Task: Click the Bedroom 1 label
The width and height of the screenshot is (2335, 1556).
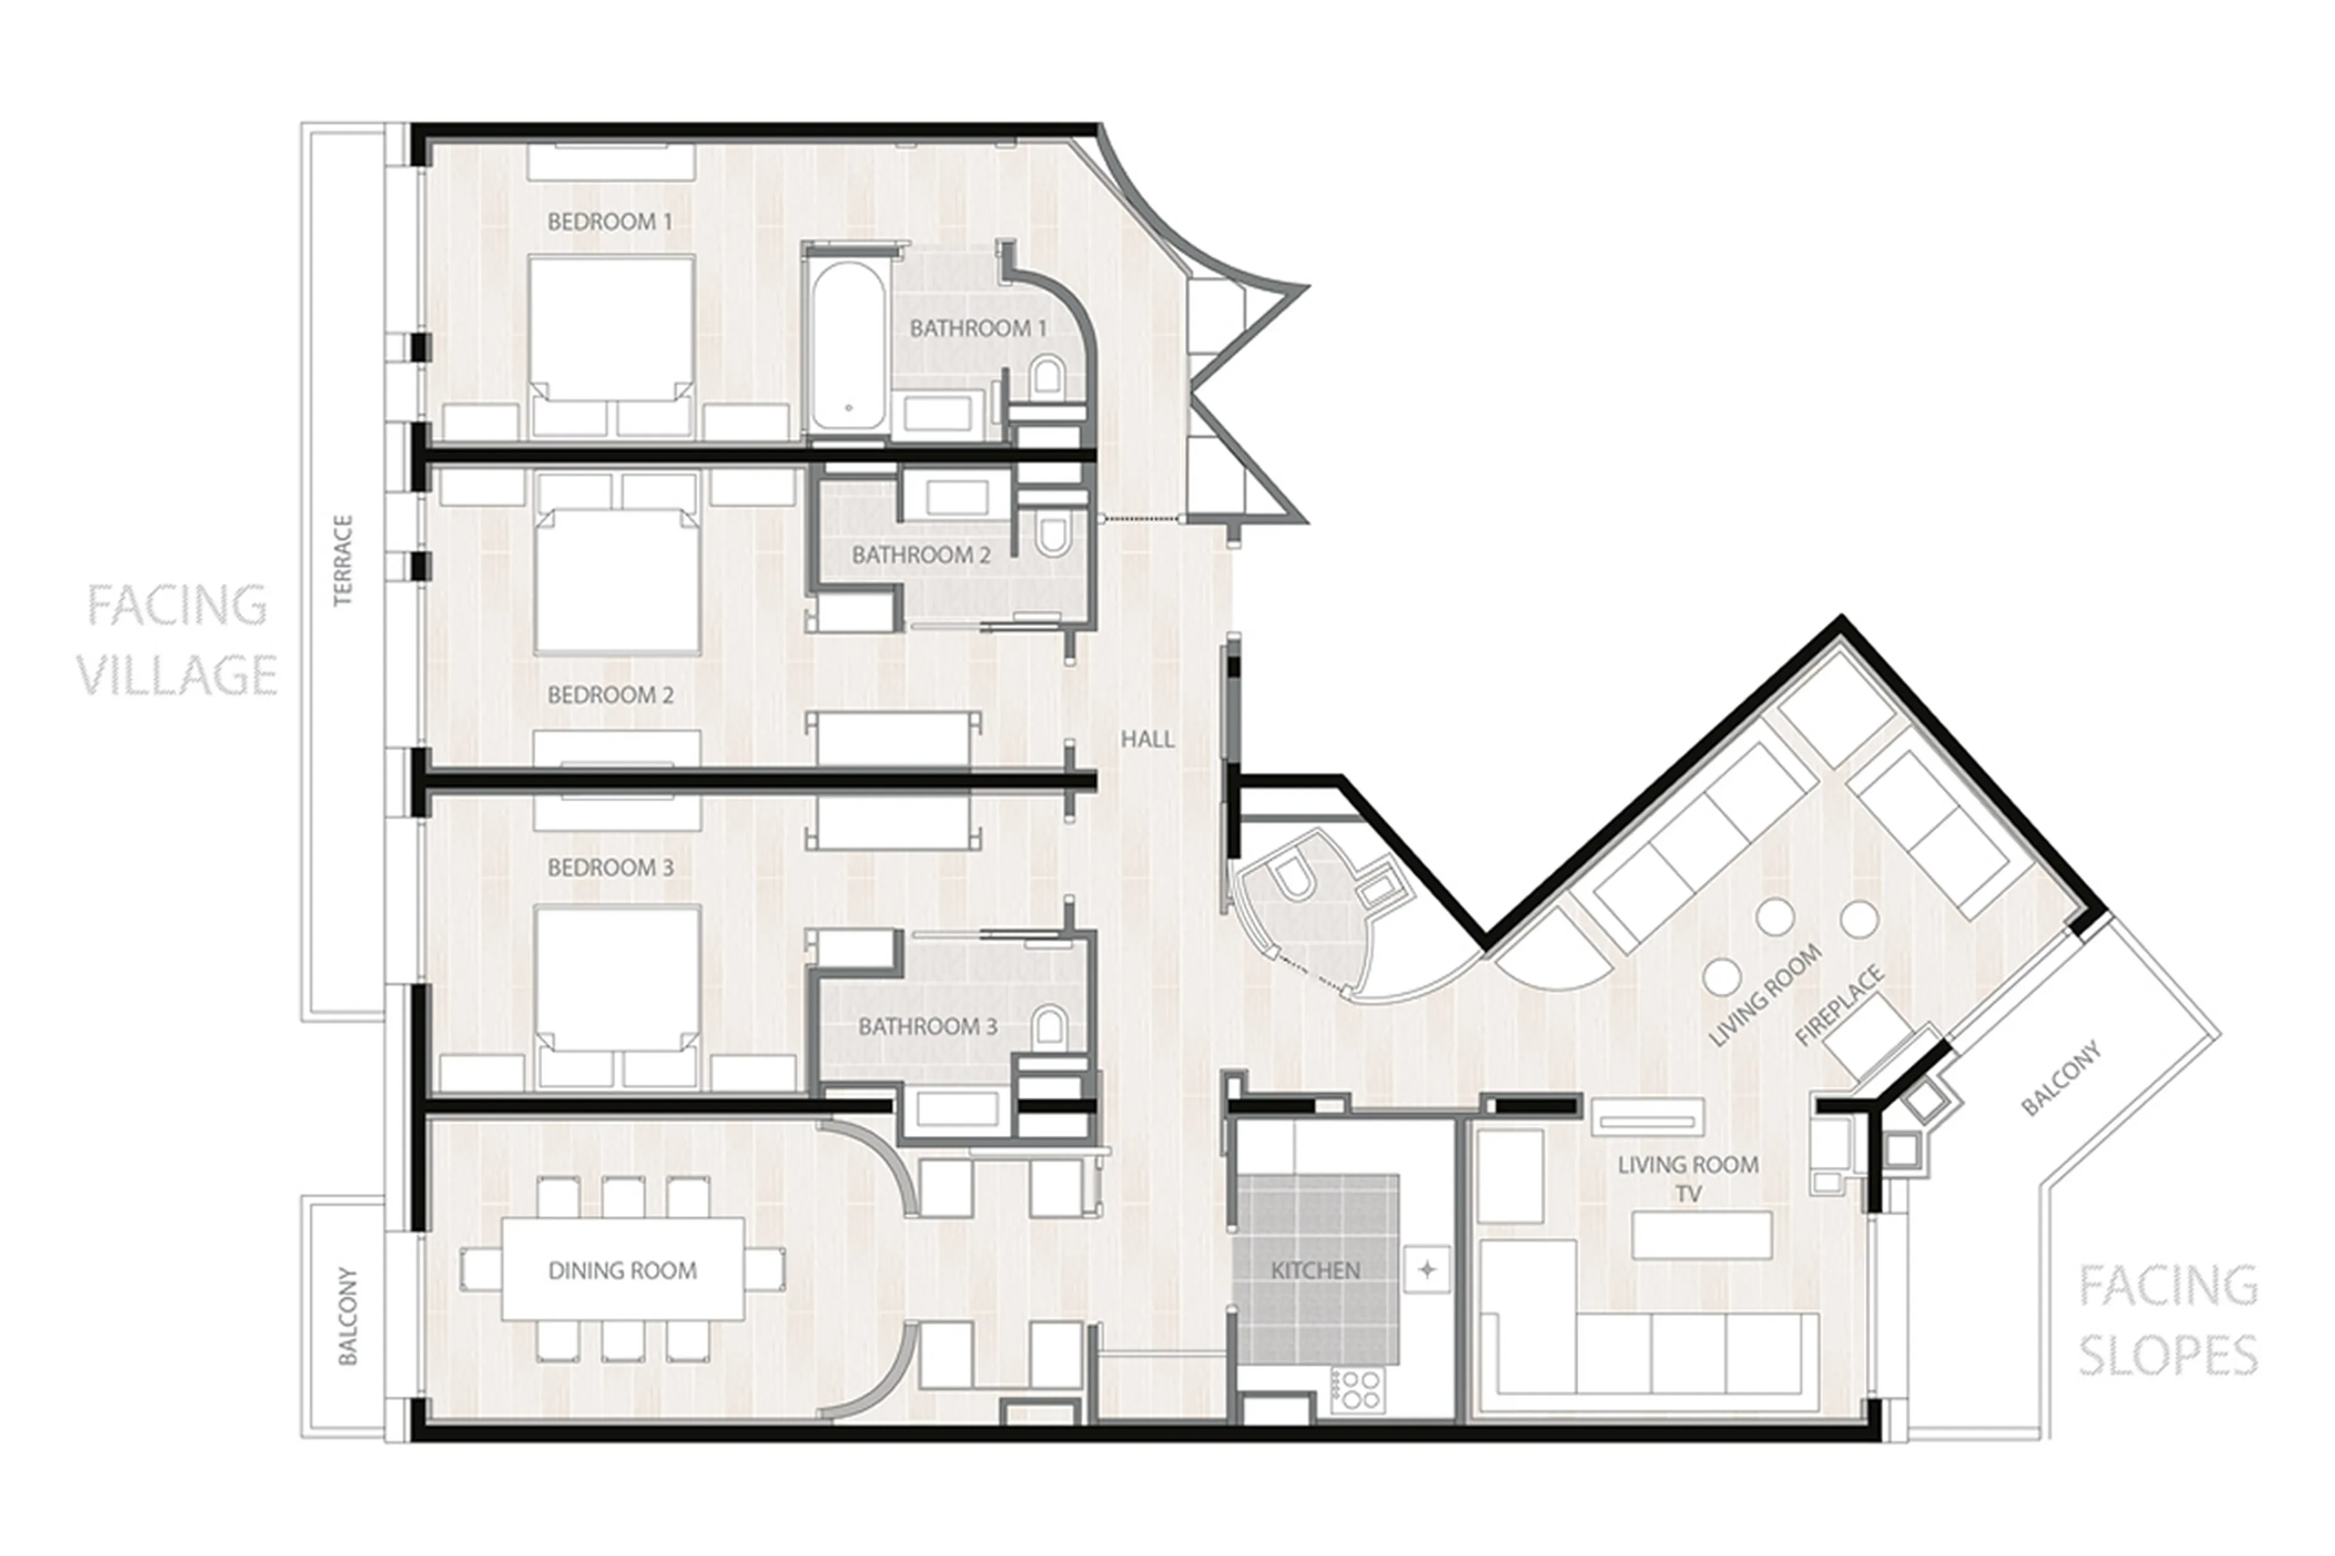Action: click(609, 221)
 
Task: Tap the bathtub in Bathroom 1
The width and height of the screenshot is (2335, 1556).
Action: click(846, 347)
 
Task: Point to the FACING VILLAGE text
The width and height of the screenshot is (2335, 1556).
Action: click(176, 640)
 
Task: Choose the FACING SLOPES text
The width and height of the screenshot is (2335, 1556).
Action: click(2167, 1320)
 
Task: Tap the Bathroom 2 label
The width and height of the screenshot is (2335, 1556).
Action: click(921, 555)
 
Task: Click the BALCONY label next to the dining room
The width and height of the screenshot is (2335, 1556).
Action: click(347, 1315)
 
